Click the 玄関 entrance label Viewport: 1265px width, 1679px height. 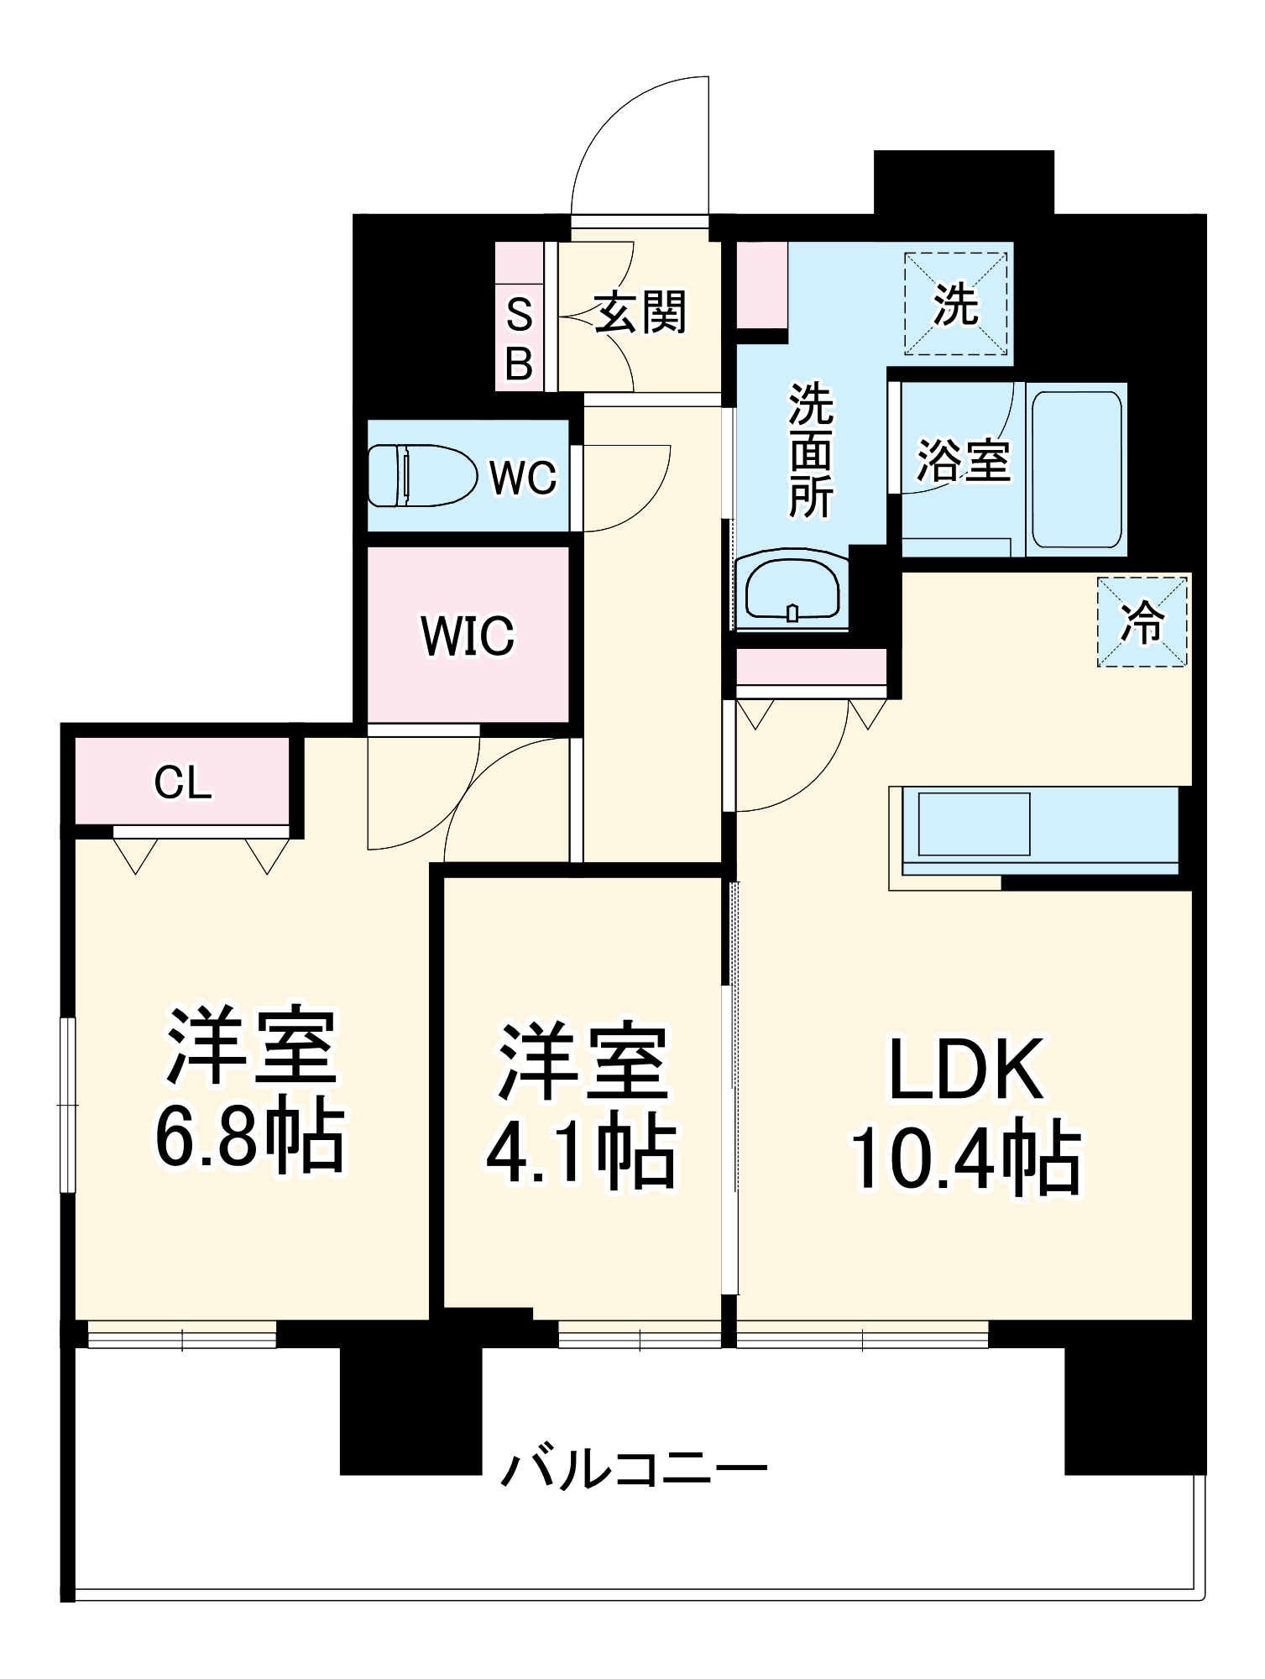tap(640, 312)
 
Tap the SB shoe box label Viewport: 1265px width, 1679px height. tap(520, 340)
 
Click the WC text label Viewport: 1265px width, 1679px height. tap(523, 478)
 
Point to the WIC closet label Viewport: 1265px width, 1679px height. tap(468, 636)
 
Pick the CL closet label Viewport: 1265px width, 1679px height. tap(182, 783)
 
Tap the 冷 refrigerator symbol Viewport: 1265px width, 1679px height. tap(1142, 622)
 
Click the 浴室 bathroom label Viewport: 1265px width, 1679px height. tap(963, 460)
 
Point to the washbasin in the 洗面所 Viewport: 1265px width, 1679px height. tap(792, 591)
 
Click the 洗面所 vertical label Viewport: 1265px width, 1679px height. tap(810, 451)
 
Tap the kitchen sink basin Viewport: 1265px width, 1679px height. tap(974, 824)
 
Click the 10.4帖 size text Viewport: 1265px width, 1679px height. tap(967, 1158)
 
